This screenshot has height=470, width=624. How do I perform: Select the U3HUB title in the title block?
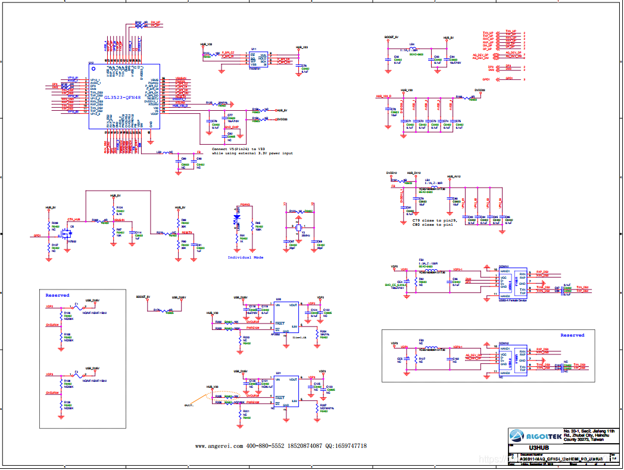point(538,448)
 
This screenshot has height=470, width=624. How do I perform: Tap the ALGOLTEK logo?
point(535,436)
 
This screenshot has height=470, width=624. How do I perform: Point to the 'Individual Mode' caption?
point(245,257)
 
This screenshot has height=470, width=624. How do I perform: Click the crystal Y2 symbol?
point(298,228)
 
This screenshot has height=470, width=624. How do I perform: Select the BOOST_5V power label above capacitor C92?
point(391,37)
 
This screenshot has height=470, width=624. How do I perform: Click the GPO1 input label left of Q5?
point(37,235)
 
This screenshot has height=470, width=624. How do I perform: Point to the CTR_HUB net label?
point(74,220)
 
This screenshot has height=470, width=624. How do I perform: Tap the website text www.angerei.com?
point(217,446)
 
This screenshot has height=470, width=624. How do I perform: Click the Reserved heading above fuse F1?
point(57,295)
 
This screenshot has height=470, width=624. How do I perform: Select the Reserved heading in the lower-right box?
point(572,335)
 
